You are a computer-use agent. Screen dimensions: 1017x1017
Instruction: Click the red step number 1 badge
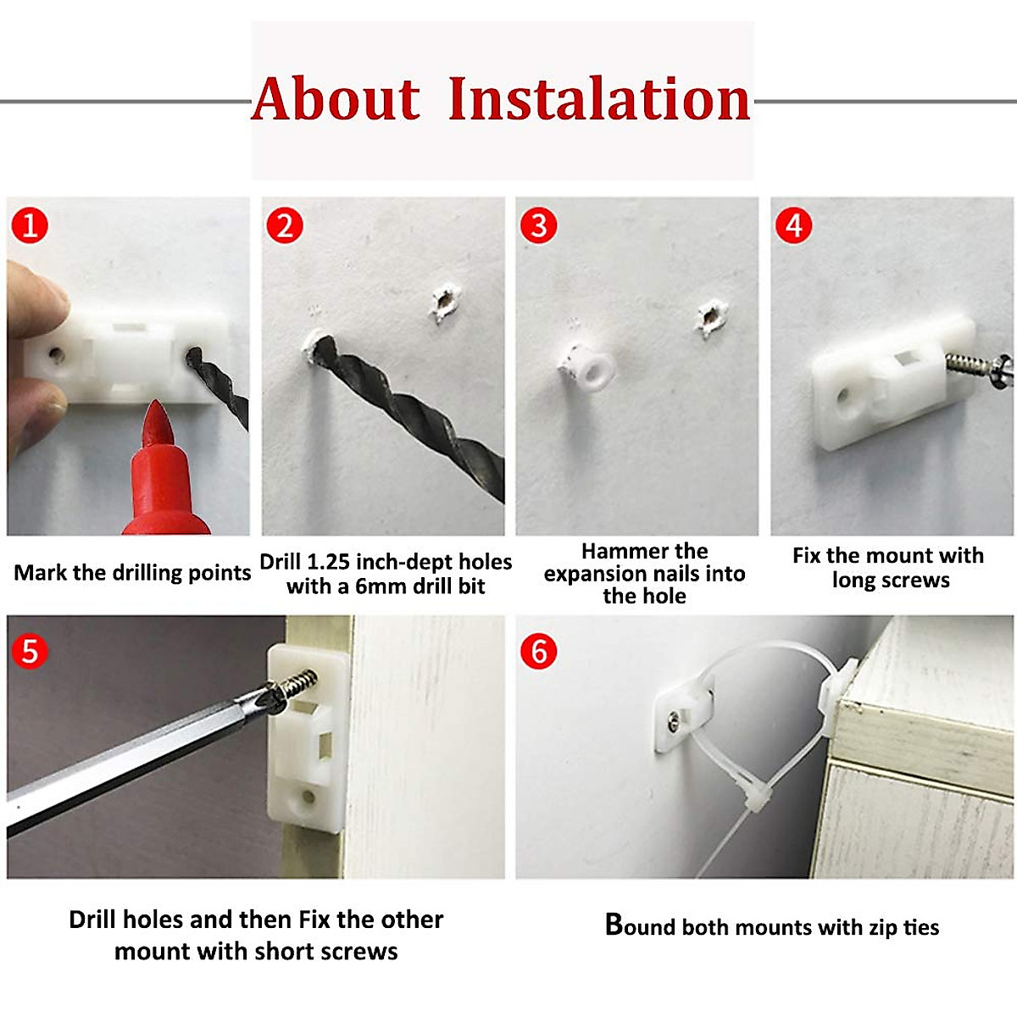point(30,225)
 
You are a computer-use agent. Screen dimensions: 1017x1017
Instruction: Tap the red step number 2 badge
point(285,225)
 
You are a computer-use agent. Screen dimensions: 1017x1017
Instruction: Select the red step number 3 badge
point(538,225)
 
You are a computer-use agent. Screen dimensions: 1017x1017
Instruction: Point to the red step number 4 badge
point(793,225)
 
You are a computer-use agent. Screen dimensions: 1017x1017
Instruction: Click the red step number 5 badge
point(30,651)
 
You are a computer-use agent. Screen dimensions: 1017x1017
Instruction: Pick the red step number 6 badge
point(538,651)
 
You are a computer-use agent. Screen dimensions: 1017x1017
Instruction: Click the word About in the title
point(336,98)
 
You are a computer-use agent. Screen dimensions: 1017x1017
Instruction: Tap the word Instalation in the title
point(599,98)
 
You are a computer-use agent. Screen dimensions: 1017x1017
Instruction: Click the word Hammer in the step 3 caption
point(614,552)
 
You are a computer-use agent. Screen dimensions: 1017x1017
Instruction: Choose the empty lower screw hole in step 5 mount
point(307,797)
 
